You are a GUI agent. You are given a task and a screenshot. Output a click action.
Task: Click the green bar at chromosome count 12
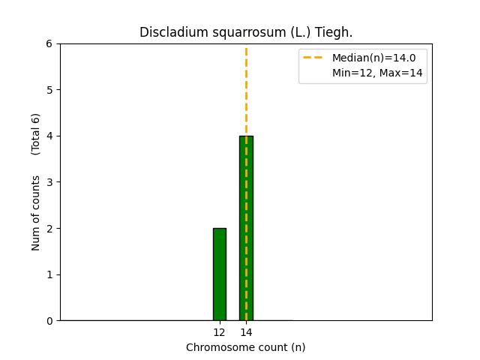219,274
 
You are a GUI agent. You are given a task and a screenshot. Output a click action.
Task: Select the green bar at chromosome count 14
246,228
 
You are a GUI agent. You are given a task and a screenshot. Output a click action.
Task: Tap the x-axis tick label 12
219,332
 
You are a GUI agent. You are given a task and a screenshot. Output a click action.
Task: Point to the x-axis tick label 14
246,332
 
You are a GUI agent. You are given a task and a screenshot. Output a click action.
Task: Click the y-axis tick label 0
49,321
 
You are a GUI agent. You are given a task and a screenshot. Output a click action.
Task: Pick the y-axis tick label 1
49,274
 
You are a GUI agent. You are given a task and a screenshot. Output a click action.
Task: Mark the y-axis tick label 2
49,228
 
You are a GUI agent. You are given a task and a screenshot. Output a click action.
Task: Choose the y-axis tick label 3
49,182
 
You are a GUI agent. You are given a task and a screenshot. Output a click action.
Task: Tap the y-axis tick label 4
49,136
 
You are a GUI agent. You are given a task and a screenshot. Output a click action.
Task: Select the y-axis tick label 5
49,90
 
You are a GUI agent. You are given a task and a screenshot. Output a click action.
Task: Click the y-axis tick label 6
49,43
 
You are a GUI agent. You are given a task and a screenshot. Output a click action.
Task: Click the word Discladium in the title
169,33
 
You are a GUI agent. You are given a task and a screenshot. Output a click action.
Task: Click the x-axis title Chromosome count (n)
246,347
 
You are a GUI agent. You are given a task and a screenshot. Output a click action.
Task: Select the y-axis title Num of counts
36,212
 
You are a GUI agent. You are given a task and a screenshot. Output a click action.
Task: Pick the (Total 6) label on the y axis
36,133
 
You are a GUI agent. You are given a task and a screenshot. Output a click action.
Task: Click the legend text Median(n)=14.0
368,57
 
